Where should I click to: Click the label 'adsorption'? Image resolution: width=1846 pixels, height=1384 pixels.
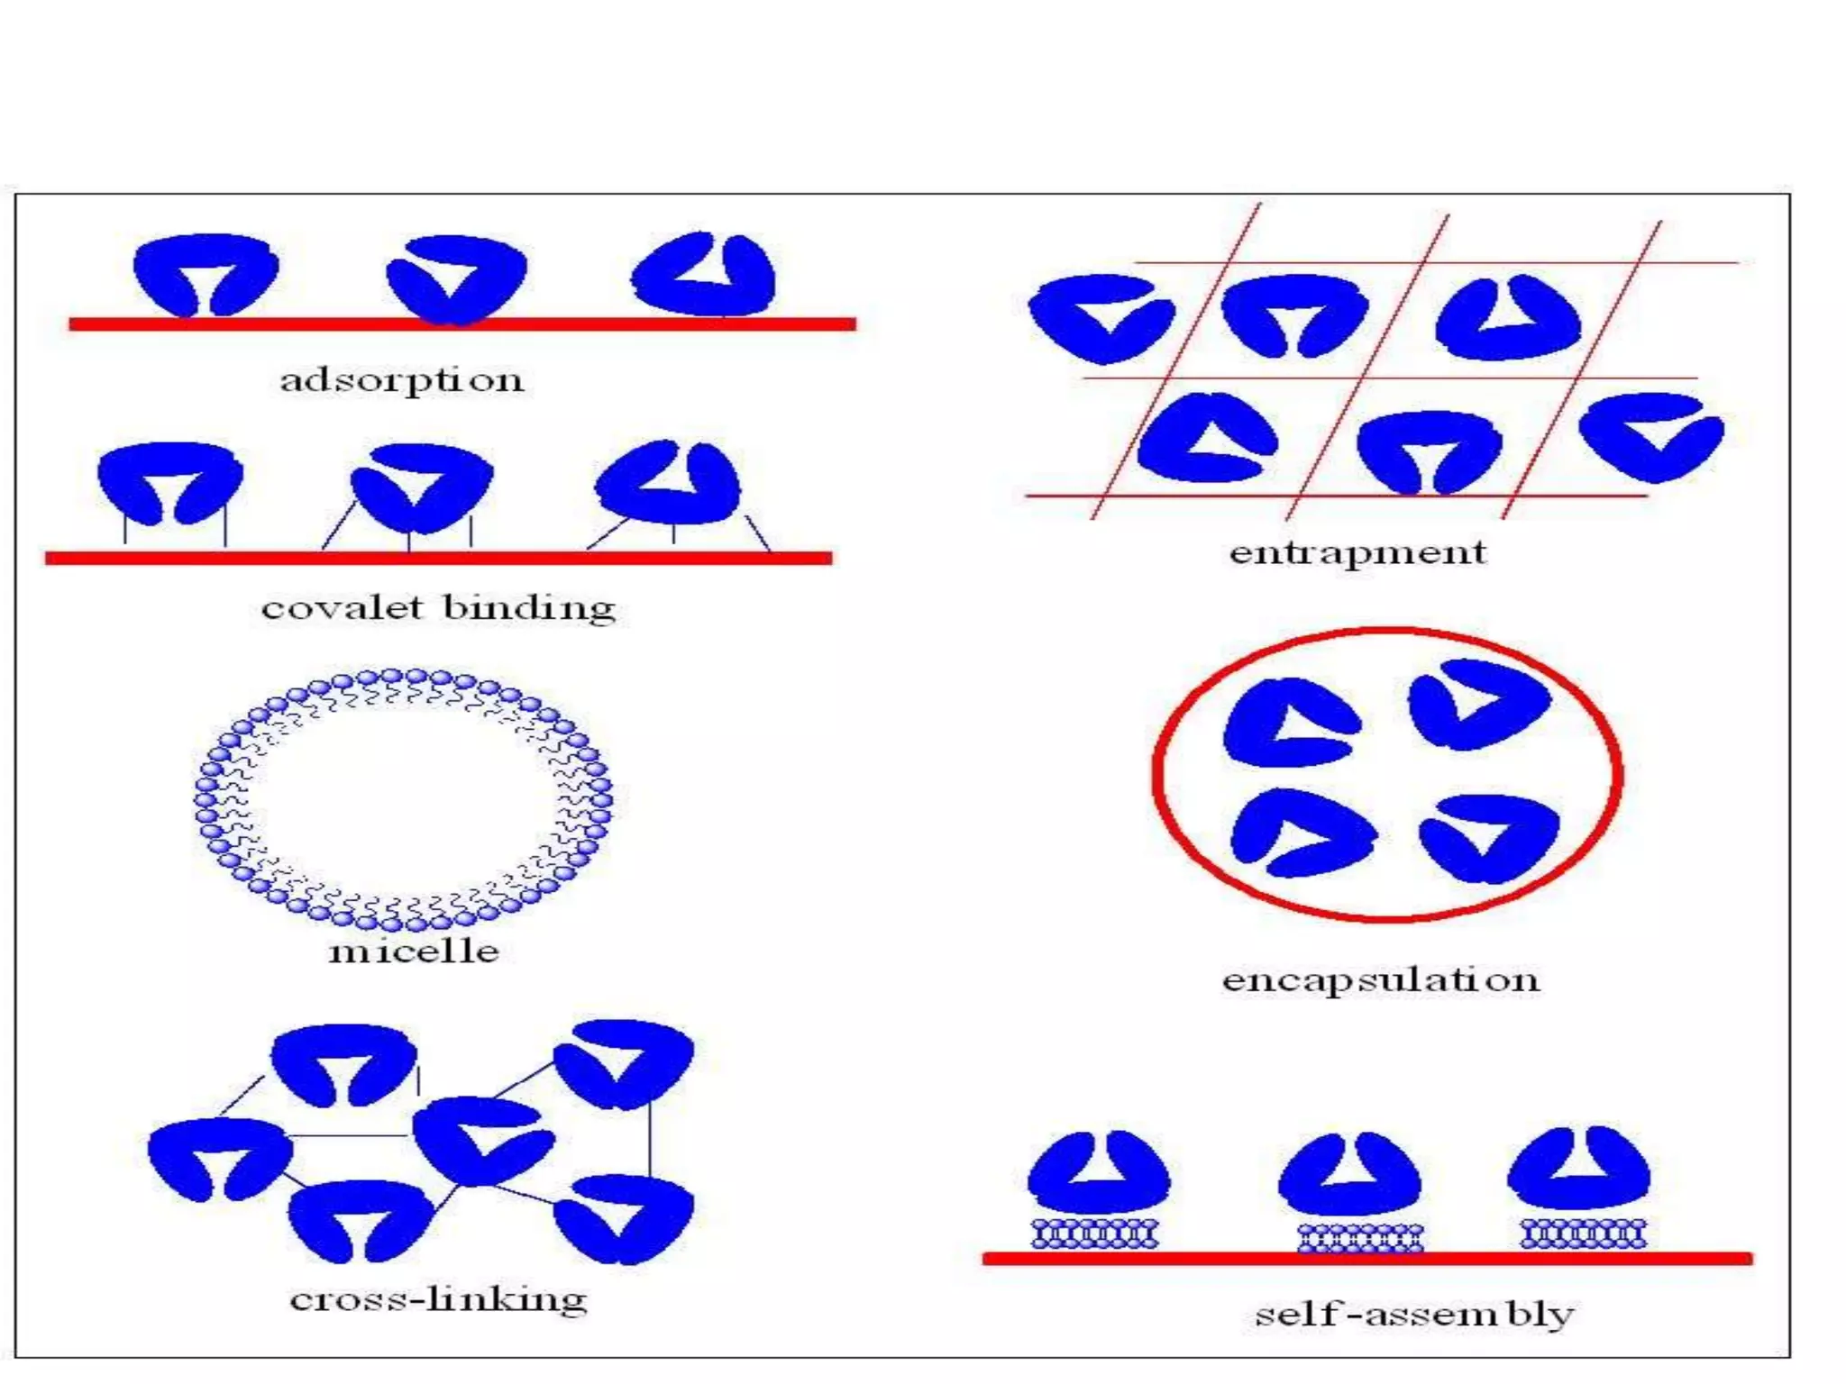click(402, 379)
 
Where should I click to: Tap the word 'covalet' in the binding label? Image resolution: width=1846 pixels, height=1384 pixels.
click(342, 607)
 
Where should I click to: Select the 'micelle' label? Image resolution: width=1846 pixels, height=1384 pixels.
click(414, 951)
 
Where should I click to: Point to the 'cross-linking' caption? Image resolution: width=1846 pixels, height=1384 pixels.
click(439, 1299)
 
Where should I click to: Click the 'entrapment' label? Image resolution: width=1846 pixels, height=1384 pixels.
click(1357, 551)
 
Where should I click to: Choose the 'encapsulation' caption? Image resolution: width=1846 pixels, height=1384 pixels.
click(1381, 979)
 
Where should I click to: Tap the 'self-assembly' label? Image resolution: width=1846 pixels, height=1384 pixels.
click(1414, 1314)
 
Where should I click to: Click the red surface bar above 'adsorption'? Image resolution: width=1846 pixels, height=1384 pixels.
click(461, 323)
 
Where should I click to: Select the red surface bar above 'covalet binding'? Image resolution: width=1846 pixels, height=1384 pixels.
click(438, 558)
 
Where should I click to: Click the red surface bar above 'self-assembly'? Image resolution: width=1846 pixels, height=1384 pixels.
click(1366, 1258)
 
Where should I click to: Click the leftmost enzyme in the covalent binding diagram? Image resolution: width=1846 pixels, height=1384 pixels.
click(169, 479)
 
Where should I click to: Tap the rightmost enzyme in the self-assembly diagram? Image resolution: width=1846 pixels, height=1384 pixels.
click(1579, 1169)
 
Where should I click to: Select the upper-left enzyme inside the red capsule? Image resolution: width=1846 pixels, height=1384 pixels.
click(1289, 724)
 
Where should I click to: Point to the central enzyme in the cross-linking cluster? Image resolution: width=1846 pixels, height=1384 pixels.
click(482, 1140)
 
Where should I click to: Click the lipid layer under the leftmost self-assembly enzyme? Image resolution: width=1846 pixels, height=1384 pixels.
click(1094, 1233)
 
